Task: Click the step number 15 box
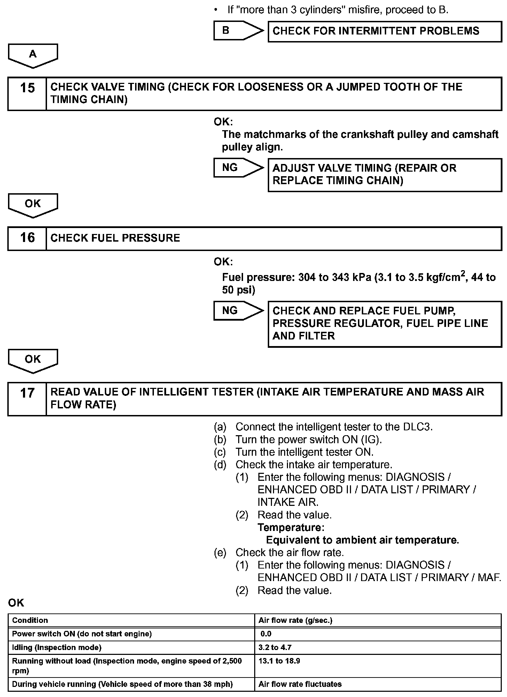[27, 94]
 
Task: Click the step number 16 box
[27, 238]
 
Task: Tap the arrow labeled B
[239, 31]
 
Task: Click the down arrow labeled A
[33, 55]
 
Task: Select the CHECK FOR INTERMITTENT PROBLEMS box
[384, 31]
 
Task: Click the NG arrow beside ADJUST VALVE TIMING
[239, 167]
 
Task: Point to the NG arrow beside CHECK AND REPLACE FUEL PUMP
[239, 311]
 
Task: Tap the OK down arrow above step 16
[33, 205]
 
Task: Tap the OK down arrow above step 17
[33, 361]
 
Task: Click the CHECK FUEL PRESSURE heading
[115, 238]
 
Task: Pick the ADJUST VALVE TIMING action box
[384, 175]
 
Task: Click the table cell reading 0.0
[266, 634]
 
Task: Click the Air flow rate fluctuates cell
[300, 684]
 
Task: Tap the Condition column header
[30, 620]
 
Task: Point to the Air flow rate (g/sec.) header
[295, 620]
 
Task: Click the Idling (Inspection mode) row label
[57, 648]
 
